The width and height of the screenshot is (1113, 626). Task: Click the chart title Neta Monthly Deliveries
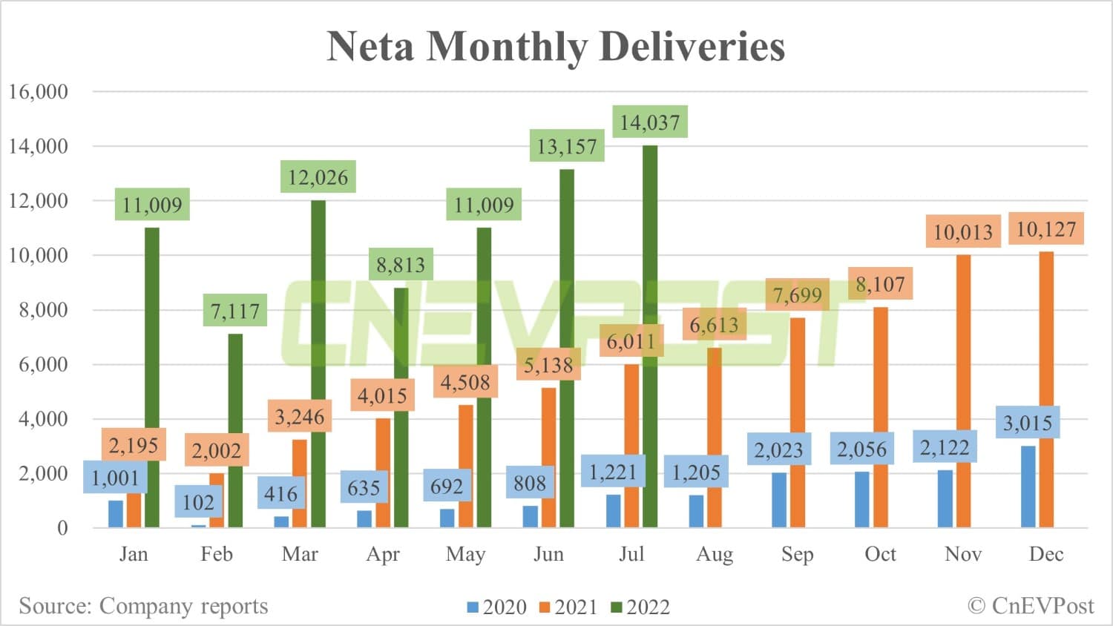[x=556, y=46]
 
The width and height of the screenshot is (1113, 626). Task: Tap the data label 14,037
[x=650, y=122]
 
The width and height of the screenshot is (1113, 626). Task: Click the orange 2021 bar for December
[x=1046, y=389]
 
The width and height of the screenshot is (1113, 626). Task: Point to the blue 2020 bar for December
[x=1028, y=487]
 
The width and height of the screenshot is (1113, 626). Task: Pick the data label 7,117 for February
[x=235, y=311]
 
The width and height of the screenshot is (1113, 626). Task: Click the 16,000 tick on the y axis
[x=38, y=92]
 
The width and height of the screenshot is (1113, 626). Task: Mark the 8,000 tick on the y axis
[x=43, y=310]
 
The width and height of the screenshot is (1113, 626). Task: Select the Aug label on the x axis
[x=715, y=554]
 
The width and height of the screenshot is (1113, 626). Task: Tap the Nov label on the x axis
[x=963, y=554]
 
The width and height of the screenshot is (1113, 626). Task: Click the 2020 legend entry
[x=496, y=607]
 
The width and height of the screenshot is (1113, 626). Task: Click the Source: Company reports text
[x=143, y=606]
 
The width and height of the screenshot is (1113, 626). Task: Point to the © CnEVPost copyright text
[x=1031, y=606]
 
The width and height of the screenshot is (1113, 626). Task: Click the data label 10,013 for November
[x=963, y=232]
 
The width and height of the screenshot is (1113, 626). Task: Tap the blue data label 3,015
[x=1028, y=423]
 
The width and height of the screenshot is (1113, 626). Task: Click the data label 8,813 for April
[x=401, y=265]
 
